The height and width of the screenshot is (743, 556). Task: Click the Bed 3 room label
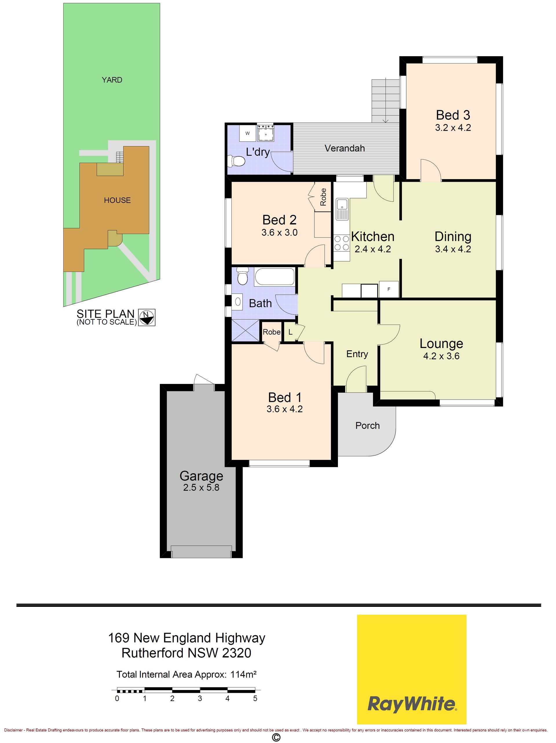pos(453,115)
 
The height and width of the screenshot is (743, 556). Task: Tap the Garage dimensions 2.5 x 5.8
pos(201,487)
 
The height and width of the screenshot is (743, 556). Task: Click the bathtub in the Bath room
pos(274,277)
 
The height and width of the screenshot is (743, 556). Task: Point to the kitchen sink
pos(342,209)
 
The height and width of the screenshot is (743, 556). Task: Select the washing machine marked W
pos(247,133)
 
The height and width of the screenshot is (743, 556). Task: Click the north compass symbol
pos(147,317)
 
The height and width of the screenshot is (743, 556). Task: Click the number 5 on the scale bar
pos(255,698)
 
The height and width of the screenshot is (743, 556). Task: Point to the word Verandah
pos(345,148)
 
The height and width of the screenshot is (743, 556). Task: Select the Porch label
pos(367,426)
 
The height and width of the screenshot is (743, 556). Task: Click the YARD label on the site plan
pos(112,80)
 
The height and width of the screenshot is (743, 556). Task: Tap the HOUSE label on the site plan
pos(117,200)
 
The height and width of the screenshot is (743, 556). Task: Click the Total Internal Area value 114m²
pos(244,674)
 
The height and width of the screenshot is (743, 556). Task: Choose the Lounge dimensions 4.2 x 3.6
pos(441,356)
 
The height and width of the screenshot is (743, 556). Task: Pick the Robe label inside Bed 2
pos(323,197)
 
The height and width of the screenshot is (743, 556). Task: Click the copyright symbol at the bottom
pos(276,737)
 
